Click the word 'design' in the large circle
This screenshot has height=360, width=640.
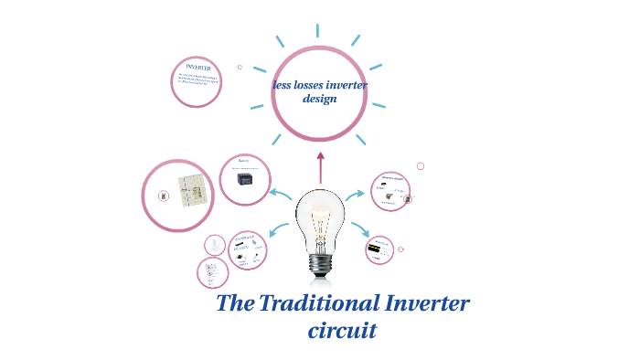(x=320, y=99)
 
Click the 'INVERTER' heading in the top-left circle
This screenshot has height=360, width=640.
(x=198, y=68)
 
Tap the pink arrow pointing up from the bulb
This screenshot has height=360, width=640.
(x=320, y=168)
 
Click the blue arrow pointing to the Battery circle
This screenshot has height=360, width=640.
(x=281, y=194)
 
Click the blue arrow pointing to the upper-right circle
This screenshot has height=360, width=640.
(x=357, y=194)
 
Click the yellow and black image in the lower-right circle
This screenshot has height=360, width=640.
(x=375, y=248)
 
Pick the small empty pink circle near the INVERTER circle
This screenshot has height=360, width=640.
(x=240, y=67)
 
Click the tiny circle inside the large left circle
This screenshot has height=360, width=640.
(x=164, y=196)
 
